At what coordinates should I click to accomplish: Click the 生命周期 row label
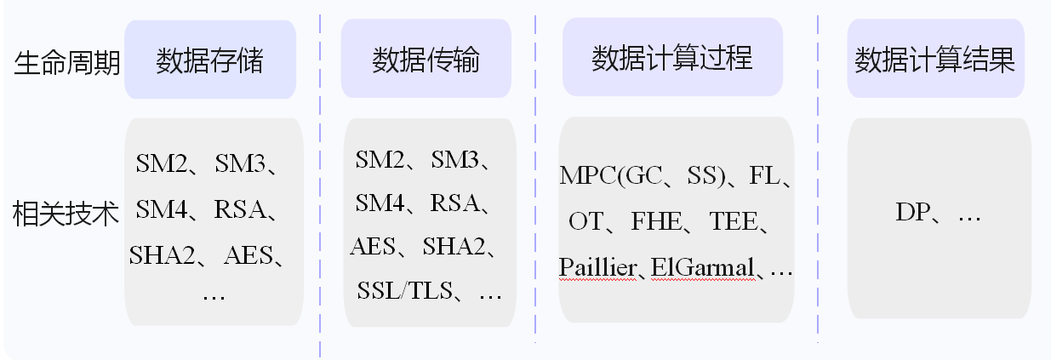click(67, 62)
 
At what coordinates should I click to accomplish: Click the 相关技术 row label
click(67, 214)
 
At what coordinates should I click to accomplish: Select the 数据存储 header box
click(209, 60)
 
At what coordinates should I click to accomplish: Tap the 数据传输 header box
click(426, 60)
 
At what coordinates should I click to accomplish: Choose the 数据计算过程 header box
click(671, 59)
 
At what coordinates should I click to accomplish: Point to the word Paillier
click(598, 268)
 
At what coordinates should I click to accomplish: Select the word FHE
click(656, 222)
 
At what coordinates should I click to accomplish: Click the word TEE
click(733, 222)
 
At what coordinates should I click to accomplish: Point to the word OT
click(585, 222)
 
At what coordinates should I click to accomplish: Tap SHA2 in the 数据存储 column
click(163, 254)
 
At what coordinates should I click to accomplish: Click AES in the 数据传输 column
click(371, 248)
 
